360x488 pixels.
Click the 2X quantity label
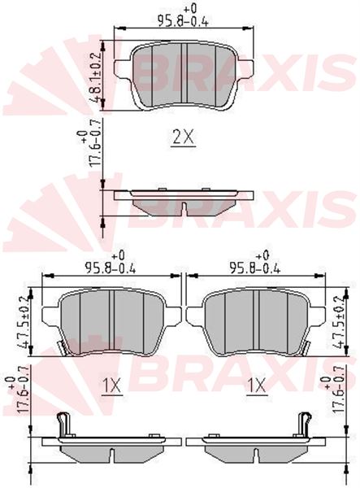click(184, 137)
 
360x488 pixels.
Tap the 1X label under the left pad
click(111, 386)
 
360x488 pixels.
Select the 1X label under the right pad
click(257, 386)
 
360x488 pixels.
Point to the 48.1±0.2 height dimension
click(96, 78)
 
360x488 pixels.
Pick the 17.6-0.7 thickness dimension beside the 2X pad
click(91, 144)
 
